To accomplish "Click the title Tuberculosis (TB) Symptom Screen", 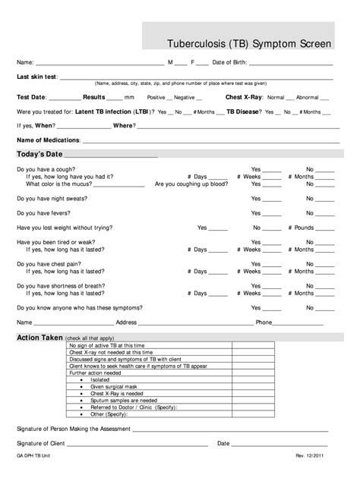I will (x=249, y=44).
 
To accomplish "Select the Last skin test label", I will (x=36, y=77).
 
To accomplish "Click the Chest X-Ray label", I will (x=244, y=97).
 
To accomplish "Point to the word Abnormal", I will (x=308, y=98).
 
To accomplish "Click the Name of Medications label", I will (x=49, y=140).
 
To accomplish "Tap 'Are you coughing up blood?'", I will (x=191, y=184).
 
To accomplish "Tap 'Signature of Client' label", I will (x=43, y=442).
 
